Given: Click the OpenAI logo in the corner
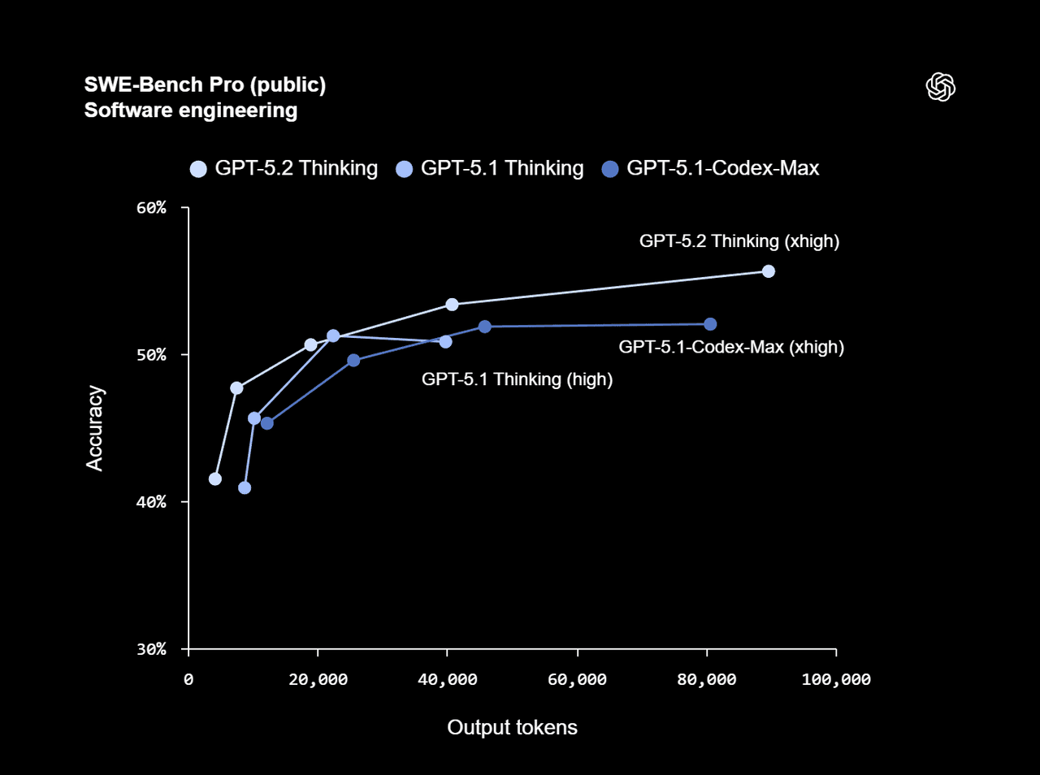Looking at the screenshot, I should click(940, 87).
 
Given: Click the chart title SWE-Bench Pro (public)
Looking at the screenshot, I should click(205, 84).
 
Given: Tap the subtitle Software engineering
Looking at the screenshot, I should click(191, 110).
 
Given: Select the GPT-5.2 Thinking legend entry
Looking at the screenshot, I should click(284, 168).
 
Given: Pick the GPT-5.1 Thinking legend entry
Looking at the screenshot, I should click(490, 168).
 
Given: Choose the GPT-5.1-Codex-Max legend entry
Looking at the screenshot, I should click(711, 168).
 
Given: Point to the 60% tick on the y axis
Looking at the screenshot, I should click(151, 208).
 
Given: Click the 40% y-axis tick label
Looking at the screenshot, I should click(151, 502).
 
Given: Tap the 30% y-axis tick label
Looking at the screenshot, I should click(151, 649).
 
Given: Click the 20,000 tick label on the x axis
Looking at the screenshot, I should click(318, 679).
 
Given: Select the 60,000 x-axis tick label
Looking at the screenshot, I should click(577, 679).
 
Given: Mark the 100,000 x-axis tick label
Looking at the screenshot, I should click(836, 679).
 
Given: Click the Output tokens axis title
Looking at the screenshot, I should click(512, 727).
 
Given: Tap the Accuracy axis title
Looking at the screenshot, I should click(95, 428).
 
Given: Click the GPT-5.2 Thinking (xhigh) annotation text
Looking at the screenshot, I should click(739, 241).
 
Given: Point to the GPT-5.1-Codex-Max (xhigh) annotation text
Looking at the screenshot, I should click(731, 347).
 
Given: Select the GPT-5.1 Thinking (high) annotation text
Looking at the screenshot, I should click(517, 379).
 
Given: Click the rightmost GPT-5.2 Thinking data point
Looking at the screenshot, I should click(768, 271).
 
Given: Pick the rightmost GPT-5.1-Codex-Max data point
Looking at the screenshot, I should click(710, 324).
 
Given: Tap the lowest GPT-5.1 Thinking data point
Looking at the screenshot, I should click(245, 487).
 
